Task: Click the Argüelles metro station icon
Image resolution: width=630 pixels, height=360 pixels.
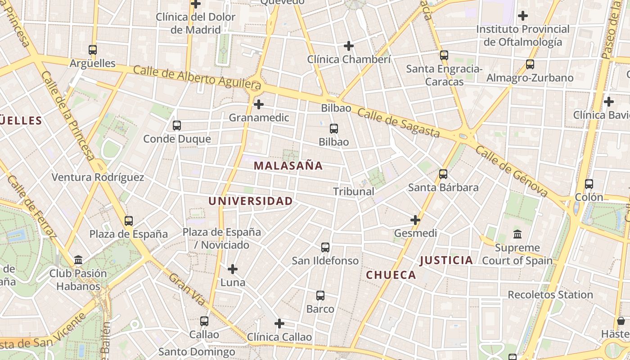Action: tap(93, 50)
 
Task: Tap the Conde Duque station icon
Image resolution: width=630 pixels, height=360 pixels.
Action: tap(177, 126)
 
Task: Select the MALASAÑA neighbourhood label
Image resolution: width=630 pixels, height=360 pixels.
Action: tap(288, 166)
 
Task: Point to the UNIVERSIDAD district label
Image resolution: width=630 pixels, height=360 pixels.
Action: tap(251, 201)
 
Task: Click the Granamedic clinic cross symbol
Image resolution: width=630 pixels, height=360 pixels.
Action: tap(259, 105)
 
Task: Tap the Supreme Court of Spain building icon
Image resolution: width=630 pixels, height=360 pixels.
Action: tap(517, 234)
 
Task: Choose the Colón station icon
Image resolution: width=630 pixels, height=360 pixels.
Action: tap(589, 184)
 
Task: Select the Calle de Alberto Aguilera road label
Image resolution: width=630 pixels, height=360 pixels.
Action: tap(197, 76)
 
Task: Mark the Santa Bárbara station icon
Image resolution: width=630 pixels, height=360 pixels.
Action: tap(443, 174)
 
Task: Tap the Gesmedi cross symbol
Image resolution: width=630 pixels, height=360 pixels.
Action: tap(415, 220)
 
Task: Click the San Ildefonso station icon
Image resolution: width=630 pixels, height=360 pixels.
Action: tap(325, 247)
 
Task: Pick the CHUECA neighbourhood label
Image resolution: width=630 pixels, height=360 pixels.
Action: tap(391, 275)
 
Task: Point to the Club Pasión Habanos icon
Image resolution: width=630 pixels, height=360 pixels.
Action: tap(79, 260)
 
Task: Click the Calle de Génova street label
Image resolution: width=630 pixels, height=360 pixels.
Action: tap(511, 171)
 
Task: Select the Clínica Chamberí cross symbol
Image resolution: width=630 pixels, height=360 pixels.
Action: tap(349, 46)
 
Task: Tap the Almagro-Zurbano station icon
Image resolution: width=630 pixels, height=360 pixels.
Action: tap(530, 64)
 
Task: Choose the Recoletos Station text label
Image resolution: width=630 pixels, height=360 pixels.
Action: tap(550, 295)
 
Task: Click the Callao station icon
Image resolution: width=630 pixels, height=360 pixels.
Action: tap(204, 321)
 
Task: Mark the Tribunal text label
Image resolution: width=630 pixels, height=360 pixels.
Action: tap(354, 191)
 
